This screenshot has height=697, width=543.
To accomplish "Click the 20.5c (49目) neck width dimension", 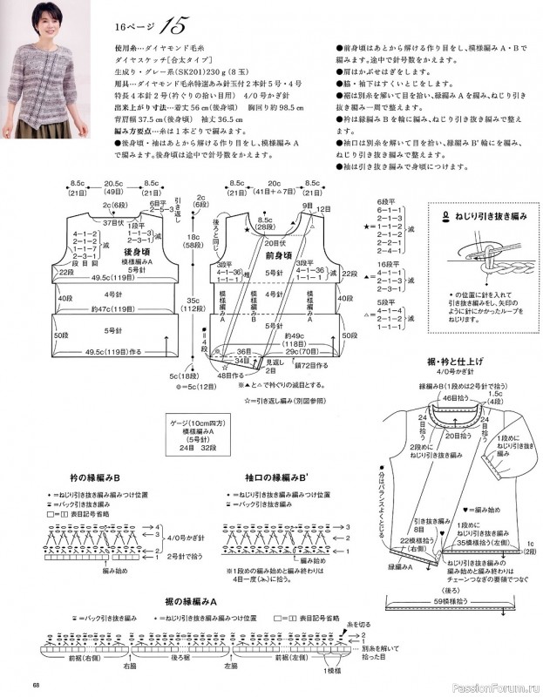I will click(113, 186).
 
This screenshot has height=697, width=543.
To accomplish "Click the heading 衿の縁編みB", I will click(95, 478).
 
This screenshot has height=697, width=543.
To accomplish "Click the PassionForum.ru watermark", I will click(498, 683).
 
